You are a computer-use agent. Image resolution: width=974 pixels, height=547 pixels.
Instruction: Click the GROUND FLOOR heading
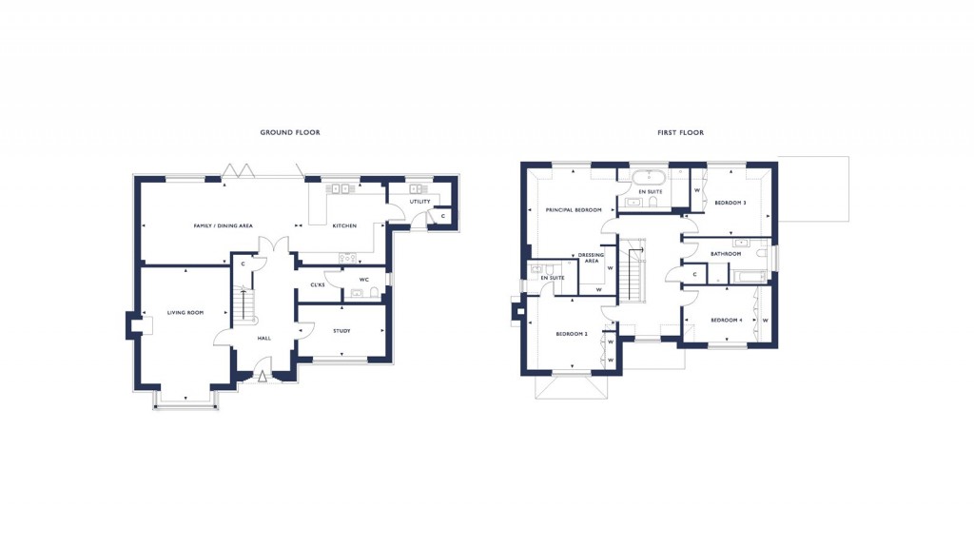pyautogui.click(x=290, y=132)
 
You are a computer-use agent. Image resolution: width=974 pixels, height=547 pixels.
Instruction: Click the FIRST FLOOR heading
pyautogui.click(x=680, y=132)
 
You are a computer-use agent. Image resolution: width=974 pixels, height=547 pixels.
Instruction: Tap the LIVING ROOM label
pyautogui.click(x=186, y=313)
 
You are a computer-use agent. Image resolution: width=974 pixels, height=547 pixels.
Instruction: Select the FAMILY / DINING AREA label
pyautogui.click(x=223, y=225)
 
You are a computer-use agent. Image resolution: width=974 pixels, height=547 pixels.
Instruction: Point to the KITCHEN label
pyautogui.click(x=343, y=225)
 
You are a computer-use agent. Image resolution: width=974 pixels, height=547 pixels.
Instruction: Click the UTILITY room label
pyautogui.click(x=419, y=202)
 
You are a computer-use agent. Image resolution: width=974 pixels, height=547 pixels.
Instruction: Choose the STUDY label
pyautogui.click(x=341, y=331)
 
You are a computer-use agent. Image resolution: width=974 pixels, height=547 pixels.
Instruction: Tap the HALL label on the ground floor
pyautogui.click(x=266, y=338)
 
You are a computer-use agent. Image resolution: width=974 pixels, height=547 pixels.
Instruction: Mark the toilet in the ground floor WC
pyautogui.click(x=375, y=293)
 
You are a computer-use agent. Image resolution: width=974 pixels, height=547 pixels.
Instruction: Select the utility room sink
pyautogui.click(x=415, y=188)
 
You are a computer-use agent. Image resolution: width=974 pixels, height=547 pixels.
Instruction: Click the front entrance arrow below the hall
pyautogui.click(x=263, y=377)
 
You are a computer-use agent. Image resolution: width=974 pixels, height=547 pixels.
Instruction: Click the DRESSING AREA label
pyautogui.click(x=591, y=258)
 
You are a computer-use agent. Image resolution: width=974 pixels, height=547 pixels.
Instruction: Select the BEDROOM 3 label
pyautogui.click(x=730, y=203)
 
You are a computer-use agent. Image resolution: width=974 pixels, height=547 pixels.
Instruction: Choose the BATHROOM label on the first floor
pyautogui.click(x=725, y=254)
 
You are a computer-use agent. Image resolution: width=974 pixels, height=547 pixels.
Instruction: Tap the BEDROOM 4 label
pyautogui.click(x=726, y=320)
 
